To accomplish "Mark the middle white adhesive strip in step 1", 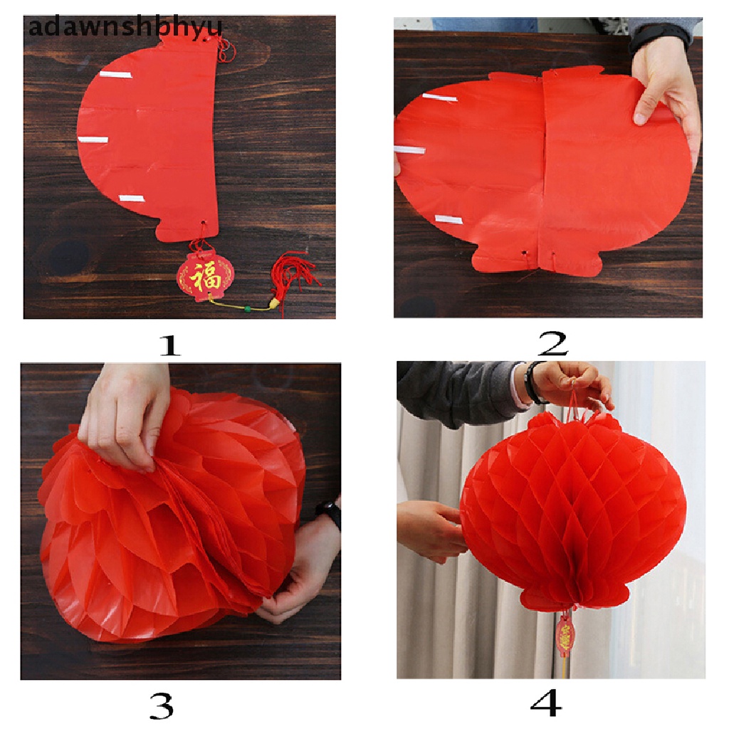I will (x=93, y=140).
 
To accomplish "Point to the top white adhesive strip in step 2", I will (x=439, y=97).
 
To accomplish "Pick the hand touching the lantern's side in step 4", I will (x=431, y=527).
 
